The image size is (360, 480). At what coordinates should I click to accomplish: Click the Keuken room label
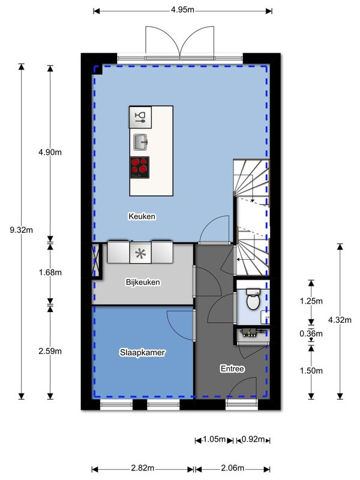pyautogui.click(x=142, y=217)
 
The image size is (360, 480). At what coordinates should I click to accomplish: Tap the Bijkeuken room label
pyautogui.click(x=143, y=282)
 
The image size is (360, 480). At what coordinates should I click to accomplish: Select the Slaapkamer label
pyautogui.click(x=142, y=352)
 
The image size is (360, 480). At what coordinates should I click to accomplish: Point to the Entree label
pyautogui.click(x=232, y=368)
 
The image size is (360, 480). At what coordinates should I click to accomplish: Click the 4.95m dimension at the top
pyautogui.click(x=182, y=10)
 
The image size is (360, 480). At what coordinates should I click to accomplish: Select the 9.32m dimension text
pyautogui.click(x=21, y=230)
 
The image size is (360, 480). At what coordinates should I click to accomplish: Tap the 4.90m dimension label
pyautogui.click(x=50, y=152)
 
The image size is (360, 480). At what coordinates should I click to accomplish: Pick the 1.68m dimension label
pyautogui.click(x=50, y=272)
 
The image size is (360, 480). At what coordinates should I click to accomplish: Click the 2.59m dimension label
pyautogui.click(x=50, y=351)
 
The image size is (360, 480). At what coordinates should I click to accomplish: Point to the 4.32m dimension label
pyautogui.click(x=340, y=320)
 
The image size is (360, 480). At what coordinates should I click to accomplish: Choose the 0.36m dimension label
pyautogui.click(x=311, y=334)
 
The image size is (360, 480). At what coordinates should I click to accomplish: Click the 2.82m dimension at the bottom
pyautogui.click(x=143, y=468)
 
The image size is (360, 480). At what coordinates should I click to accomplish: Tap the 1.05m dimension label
pyautogui.click(x=214, y=440)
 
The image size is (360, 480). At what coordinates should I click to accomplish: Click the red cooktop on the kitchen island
pyautogui.click(x=140, y=167)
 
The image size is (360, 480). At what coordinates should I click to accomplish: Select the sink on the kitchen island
pyautogui.click(x=140, y=142)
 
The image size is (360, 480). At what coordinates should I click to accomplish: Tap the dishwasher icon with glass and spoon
pyautogui.click(x=140, y=117)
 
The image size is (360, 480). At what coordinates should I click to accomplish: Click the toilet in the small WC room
pyautogui.click(x=253, y=299)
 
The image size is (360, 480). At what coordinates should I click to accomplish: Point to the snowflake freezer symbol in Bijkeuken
pyautogui.click(x=140, y=253)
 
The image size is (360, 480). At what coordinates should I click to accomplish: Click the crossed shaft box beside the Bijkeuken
pyautogui.click(x=96, y=261)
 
